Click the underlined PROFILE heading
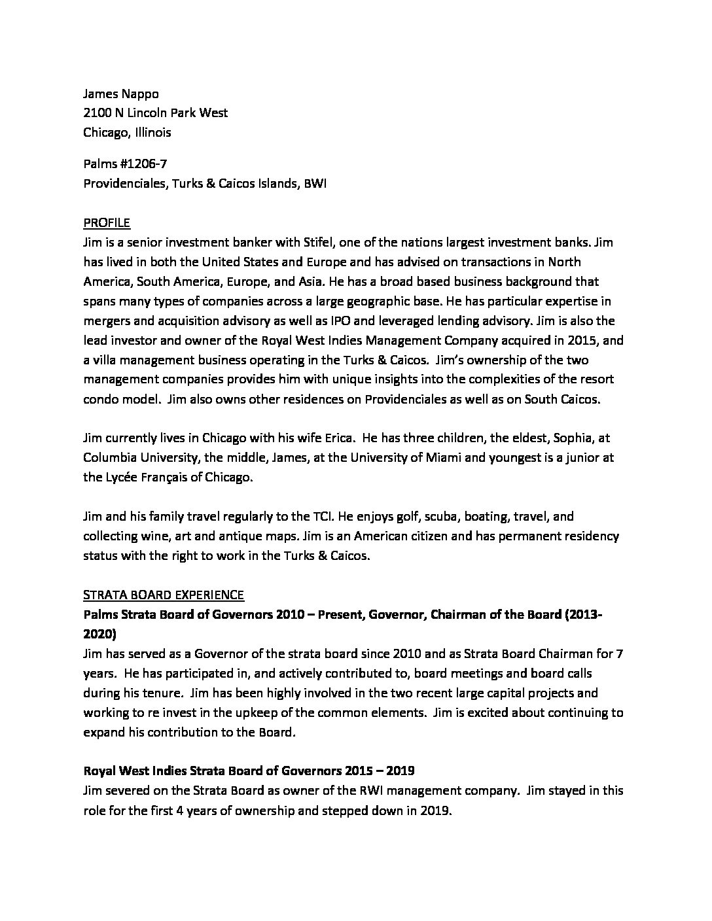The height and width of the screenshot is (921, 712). (x=107, y=223)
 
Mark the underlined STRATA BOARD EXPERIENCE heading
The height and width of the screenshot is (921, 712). (x=164, y=595)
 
